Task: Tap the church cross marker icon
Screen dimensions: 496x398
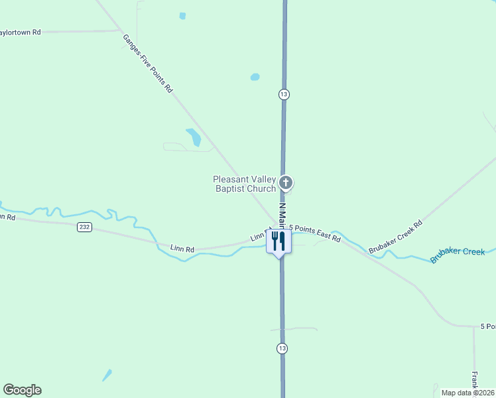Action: pos(286,182)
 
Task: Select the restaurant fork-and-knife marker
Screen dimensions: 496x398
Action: pos(279,241)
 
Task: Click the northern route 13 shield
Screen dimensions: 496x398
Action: pos(284,94)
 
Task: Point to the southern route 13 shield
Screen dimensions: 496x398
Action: pos(283,348)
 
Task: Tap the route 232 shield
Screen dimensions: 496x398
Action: pos(84,227)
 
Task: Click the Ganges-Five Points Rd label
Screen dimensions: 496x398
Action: pos(148,63)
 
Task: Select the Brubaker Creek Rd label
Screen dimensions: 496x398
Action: pos(396,237)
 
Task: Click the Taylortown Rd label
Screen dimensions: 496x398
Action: pos(20,32)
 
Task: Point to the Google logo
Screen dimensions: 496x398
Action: pos(22,390)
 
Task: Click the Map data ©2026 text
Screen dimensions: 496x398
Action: pos(467,393)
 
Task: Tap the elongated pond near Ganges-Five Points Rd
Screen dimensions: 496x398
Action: pos(194,137)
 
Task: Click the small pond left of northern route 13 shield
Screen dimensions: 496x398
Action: pos(255,77)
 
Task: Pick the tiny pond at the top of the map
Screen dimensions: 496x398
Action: pos(182,16)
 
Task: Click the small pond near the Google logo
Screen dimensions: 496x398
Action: pos(107,375)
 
